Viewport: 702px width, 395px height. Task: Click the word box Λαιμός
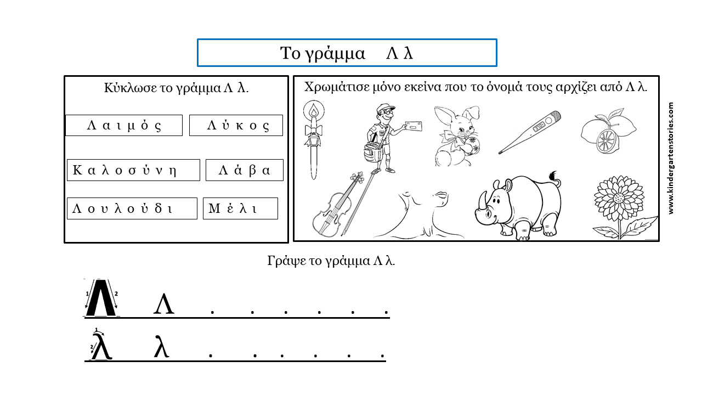[124, 125]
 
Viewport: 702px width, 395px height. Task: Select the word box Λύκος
[236, 125]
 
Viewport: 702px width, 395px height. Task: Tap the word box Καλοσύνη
[133, 170]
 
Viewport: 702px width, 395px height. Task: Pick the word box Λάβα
[245, 170]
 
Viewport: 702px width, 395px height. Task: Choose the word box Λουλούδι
[132, 208]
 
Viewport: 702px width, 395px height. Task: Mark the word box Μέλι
[240, 208]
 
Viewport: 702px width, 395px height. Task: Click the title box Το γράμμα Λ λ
[347, 53]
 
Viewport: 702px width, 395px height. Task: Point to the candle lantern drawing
[313, 140]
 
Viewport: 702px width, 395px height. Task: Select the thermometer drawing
[530, 132]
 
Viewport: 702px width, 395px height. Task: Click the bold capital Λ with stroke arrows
[101, 298]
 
